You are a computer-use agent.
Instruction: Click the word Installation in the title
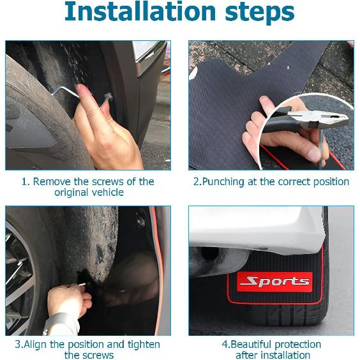pyautogui.click(x=140, y=11)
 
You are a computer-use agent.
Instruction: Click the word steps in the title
pyautogui.click(x=260, y=13)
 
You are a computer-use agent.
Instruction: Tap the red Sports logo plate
pyautogui.click(x=274, y=281)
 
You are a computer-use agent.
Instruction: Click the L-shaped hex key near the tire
pyautogui.click(x=66, y=93)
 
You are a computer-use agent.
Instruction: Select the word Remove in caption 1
pyautogui.click(x=52, y=182)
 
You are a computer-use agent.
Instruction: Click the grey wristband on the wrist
pyautogui.click(x=60, y=320)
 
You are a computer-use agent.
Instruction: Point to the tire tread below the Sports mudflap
pyautogui.click(x=287, y=315)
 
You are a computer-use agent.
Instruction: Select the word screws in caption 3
pyautogui.click(x=100, y=356)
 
